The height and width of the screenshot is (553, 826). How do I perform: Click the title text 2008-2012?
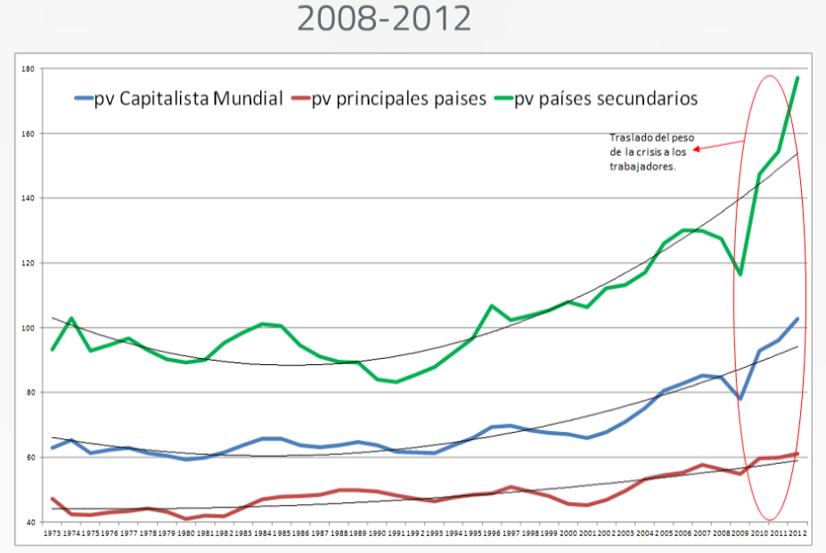[x=384, y=19]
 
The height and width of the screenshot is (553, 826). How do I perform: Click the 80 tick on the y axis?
[x=29, y=393]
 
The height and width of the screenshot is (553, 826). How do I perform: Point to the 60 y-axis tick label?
[x=29, y=458]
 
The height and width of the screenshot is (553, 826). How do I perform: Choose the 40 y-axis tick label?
[x=29, y=522]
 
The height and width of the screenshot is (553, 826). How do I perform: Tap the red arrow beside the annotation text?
[x=717, y=146]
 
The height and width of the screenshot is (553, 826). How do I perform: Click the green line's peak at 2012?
[x=797, y=77]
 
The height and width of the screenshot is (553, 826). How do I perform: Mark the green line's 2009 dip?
[x=740, y=273]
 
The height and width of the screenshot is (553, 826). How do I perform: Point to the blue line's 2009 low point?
[x=740, y=398]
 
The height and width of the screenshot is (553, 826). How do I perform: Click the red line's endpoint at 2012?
[x=797, y=454]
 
